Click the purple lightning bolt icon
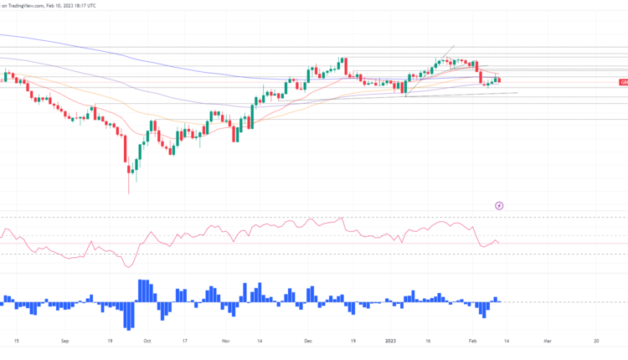coord(500,204)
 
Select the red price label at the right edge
coord(623,81)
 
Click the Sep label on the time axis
coord(68,342)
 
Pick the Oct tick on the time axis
coord(147,342)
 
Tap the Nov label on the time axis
coord(225,342)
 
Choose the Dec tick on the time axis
coord(308,342)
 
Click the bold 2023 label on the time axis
coord(391,342)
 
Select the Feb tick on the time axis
coord(473,342)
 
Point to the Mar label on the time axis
coord(547,342)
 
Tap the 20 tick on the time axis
coord(595,342)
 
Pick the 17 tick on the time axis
coord(184,342)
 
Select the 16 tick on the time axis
coord(427,342)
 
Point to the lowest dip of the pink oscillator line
coord(127,266)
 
